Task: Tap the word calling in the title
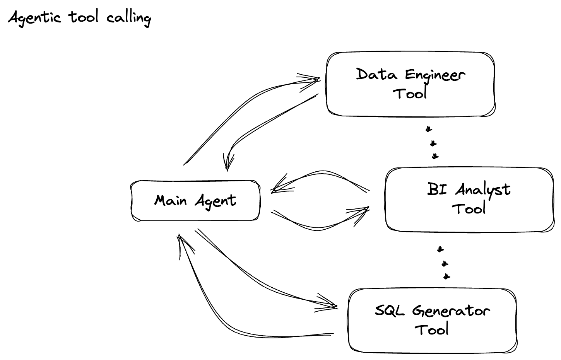coord(128,18)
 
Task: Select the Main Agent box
coord(195,201)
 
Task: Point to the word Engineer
coord(435,75)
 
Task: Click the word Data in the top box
coord(376,74)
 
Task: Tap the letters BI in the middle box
coord(437,189)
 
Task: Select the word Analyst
coord(483,190)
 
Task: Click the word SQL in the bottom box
coord(390,310)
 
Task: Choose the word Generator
coord(451,311)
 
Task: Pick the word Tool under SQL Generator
coord(432,329)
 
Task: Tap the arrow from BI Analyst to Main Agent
coord(321,176)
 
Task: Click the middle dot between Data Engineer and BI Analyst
coord(433,143)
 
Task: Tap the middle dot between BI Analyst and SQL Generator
coord(445,264)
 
